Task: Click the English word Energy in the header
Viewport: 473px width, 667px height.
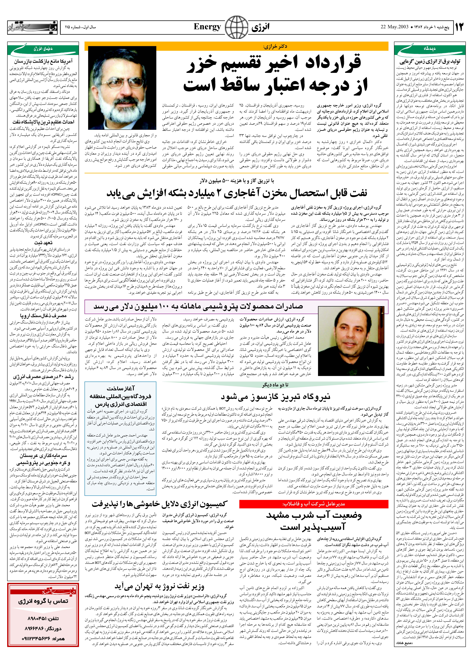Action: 207,27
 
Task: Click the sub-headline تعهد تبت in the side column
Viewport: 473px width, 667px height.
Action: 43,243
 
